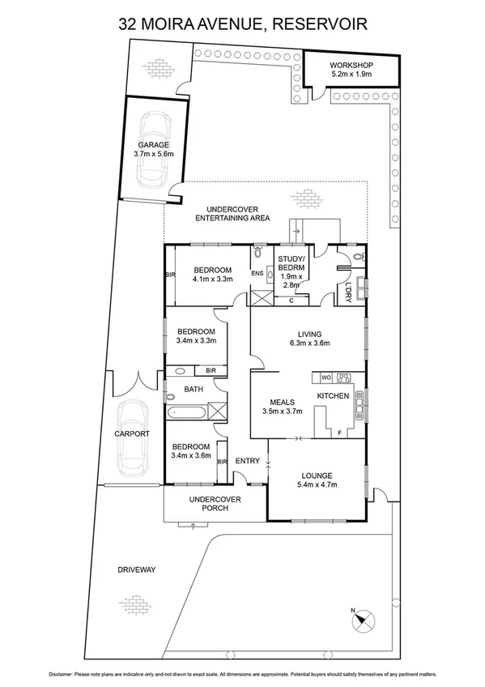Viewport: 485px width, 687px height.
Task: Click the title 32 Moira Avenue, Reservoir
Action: pos(242,24)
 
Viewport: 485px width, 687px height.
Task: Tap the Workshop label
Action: pos(351,64)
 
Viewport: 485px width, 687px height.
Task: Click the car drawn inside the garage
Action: pos(153,148)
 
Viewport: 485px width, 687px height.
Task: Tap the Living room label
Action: pos(309,334)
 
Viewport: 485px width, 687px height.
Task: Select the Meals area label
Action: pos(281,401)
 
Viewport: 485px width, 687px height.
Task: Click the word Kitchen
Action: pos(332,395)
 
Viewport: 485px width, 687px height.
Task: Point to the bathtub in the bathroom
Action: pos(188,412)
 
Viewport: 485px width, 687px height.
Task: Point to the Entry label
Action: pos(247,461)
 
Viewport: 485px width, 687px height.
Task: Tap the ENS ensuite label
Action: pos(257,274)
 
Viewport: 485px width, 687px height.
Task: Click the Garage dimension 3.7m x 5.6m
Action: pos(147,153)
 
